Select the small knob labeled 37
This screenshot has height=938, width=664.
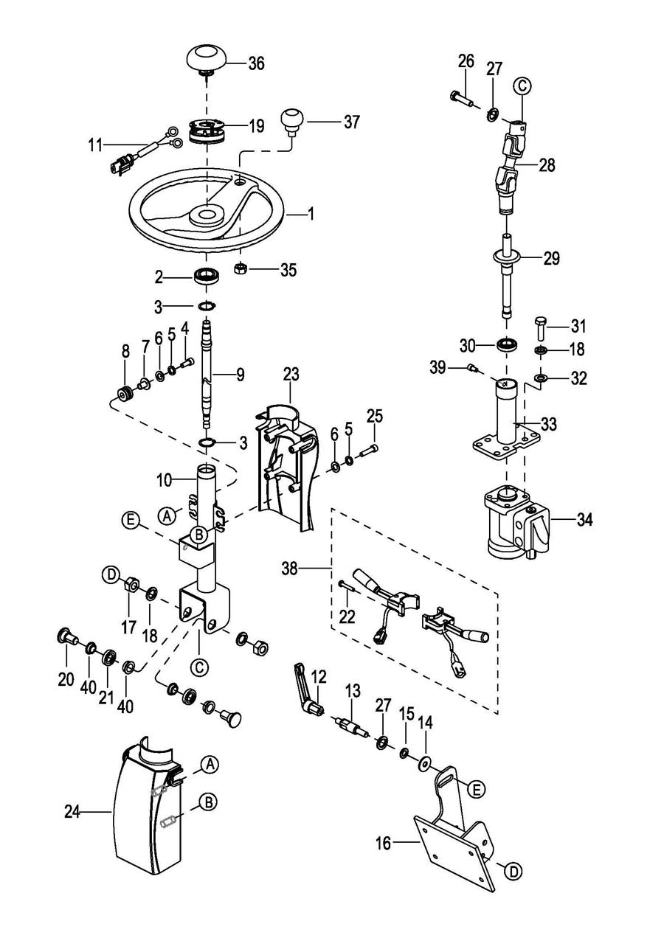[292, 119]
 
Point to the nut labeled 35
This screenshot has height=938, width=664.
[241, 269]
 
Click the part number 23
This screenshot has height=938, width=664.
[291, 375]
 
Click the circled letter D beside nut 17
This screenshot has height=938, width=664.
[111, 574]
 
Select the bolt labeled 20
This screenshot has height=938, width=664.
[66, 636]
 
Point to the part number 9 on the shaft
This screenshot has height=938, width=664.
[240, 375]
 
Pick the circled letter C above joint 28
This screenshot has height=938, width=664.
[522, 86]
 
